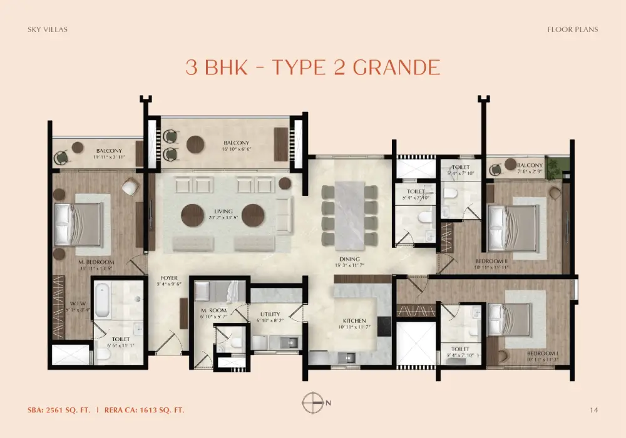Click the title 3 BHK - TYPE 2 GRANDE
pos(313,67)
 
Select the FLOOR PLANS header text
pos(572,29)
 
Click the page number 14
pos(593,410)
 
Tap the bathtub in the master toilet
pos(103,300)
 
